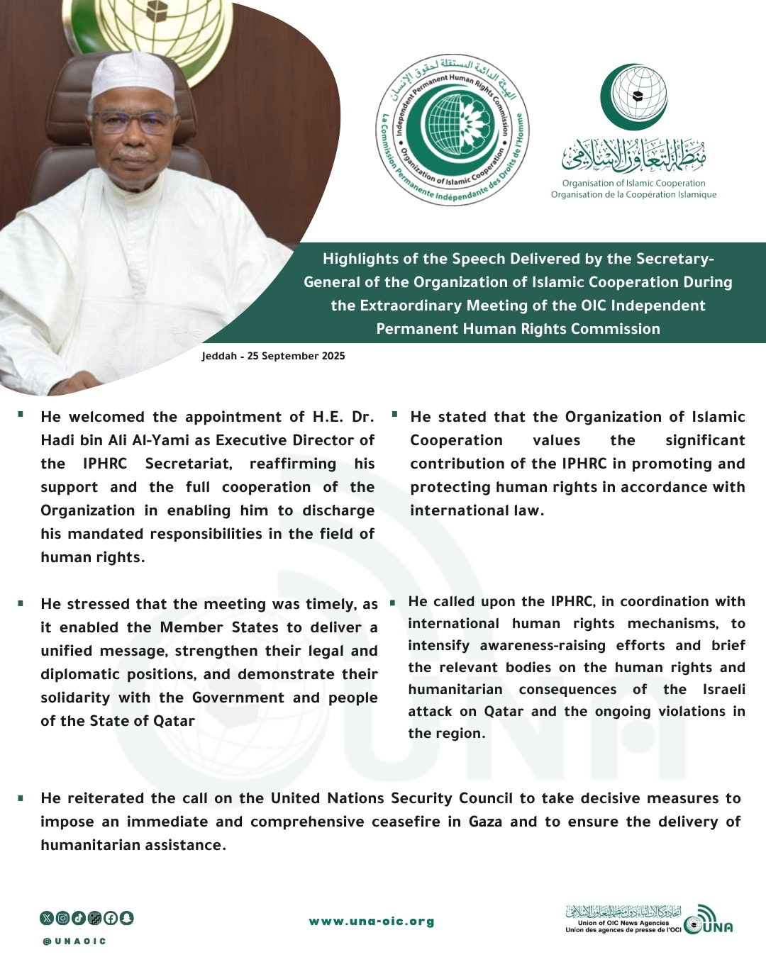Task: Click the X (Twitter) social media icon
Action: pyautogui.click(x=47, y=918)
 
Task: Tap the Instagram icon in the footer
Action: pyautogui.click(x=62, y=918)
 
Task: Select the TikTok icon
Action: pyautogui.click(x=78, y=918)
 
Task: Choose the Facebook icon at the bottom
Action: pyautogui.click(x=111, y=918)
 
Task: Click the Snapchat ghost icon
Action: pyautogui.click(x=126, y=918)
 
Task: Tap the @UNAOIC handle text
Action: pyautogui.click(x=74, y=941)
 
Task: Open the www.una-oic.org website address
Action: pyautogui.click(x=372, y=922)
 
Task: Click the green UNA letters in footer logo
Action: pyautogui.click(x=718, y=927)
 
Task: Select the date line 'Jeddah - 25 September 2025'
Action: pyautogui.click(x=273, y=356)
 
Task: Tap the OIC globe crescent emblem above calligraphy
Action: pyautogui.click(x=633, y=97)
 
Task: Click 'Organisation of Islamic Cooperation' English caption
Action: pyautogui.click(x=633, y=183)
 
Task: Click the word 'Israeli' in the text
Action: pyautogui.click(x=723, y=690)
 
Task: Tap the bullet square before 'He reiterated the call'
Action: pyautogui.click(x=21, y=797)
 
